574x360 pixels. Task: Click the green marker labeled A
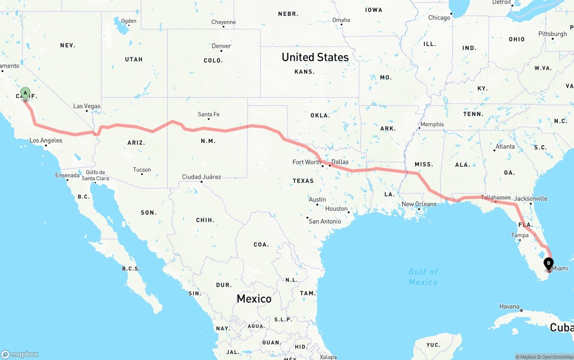26,93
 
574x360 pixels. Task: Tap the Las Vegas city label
87,106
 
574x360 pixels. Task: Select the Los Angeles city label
46,140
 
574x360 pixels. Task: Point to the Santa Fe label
209,114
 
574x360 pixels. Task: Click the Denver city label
222,46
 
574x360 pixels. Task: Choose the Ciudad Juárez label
201,177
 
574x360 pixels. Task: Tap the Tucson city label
142,169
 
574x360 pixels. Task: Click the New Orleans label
419,204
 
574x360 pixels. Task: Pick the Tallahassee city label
496,197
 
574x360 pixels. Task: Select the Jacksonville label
531,198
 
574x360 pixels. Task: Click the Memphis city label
432,124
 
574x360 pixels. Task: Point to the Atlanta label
505,146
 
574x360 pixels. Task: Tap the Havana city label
509,307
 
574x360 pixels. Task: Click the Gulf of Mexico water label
423,277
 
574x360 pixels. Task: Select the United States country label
315,57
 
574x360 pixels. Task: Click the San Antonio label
325,221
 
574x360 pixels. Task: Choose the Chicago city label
439,17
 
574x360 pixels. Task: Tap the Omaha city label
341,20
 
